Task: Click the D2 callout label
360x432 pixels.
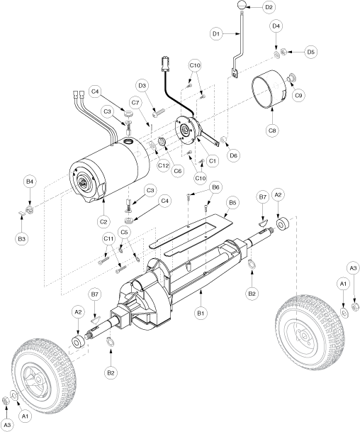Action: tap(269, 7)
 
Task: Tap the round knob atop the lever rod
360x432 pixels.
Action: tap(242, 6)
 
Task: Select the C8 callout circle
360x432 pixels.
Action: tap(272, 130)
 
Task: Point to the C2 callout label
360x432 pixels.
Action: tap(103, 221)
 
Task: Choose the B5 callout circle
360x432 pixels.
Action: tap(232, 203)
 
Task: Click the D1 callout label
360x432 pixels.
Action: tap(216, 33)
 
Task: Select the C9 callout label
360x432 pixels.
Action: tap(298, 95)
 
